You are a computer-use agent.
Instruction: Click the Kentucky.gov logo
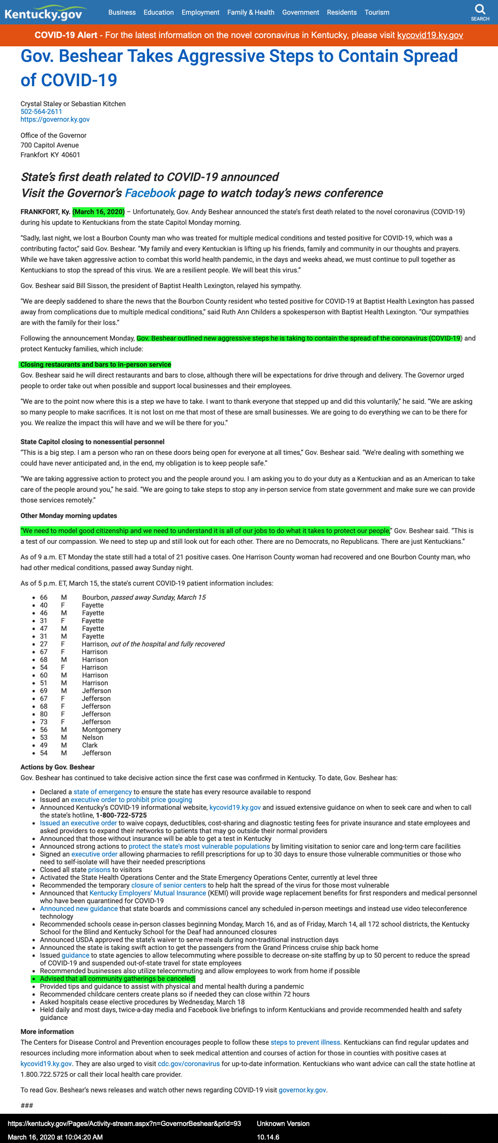pyautogui.click(x=44, y=13)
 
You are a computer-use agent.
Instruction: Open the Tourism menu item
pyautogui.click(x=377, y=12)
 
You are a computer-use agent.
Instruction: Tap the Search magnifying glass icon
pyautogui.click(x=480, y=9)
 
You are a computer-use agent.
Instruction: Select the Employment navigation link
pyautogui.click(x=200, y=12)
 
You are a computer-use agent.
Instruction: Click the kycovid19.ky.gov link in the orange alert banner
pyautogui.click(x=430, y=35)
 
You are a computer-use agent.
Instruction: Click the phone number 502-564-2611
pyautogui.click(x=41, y=111)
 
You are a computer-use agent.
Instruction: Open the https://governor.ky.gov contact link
pyautogui.click(x=55, y=119)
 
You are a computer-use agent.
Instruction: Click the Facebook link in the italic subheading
pyautogui.click(x=150, y=193)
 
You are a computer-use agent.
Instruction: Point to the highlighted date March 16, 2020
pyautogui.click(x=99, y=212)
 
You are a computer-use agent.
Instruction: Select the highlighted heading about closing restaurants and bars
pyautogui.click(x=96, y=364)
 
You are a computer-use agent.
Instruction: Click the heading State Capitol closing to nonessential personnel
pyautogui.click(x=92, y=442)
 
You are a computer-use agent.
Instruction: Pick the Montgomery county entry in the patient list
pyautogui.click(x=102, y=730)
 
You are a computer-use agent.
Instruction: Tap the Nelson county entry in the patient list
pyautogui.click(x=93, y=737)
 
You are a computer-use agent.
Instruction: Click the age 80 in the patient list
pyautogui.click(x=44, y=714)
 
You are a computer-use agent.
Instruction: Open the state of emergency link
pyautogui.click(x=103, y=792)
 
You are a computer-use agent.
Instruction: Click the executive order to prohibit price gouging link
pyautogui.click(x=131, y=800)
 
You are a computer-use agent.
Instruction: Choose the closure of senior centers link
pyautogui.click(x=169, y=885)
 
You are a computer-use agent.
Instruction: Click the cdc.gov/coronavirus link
pyautogui.click(x=189, y=1064)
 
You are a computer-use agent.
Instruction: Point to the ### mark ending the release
pyautogui.click(x=27, y=1106)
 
